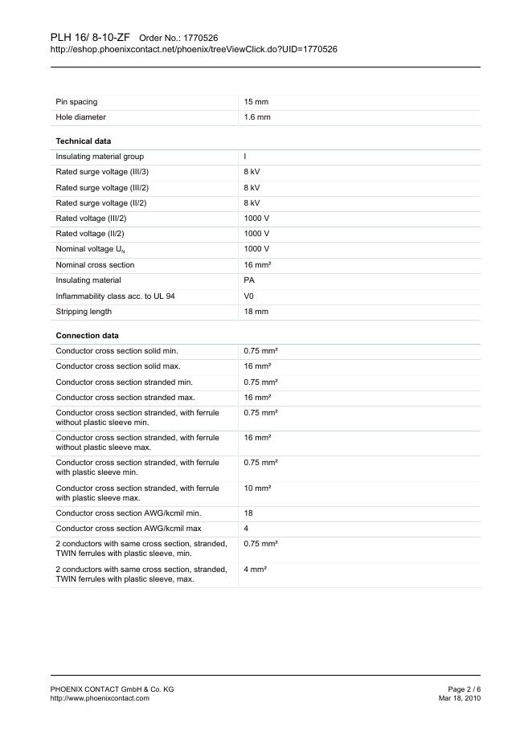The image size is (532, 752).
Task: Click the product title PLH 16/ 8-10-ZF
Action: pyautogui.click(x=89, y=37)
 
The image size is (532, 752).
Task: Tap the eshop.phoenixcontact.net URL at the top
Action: pyautogui.click(x=193, y=50)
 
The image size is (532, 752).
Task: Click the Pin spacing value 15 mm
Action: pyautogui.click(x=256, y=102)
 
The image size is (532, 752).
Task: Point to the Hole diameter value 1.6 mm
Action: pyautogui.click(x=257, y=117)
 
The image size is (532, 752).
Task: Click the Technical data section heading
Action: pyautogui.click(x=83, y=141)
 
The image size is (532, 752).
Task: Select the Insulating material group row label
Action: pyautogui.click(x=100, y=157)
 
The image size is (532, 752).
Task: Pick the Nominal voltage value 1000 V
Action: pyautogui.click(x=256, y=249)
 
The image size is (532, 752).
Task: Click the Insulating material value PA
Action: pyautogui.click(x=249, y=280)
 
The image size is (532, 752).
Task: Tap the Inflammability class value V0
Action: pyautogui.click(x=249, y=296)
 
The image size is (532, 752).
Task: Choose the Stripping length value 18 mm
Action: pyautogui.click(x=256, y=312)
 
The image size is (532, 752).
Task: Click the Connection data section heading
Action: pyautogui.click(x=87, y=335)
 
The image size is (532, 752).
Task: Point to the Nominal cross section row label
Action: pyautogui.click(x=95, y=265)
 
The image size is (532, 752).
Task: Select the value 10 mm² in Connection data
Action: pyautogui.click(x=257, y=488)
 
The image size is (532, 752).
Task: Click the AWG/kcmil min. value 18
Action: pyautogui.click(x=248, y=513)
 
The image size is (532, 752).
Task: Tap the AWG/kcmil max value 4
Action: pyautogui.click(x=246, y=529)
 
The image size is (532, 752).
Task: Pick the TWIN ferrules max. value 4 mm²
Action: pyautogui.click(x=255, y=569)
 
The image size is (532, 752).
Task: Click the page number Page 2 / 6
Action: pyautogui.click(x=464, y=689)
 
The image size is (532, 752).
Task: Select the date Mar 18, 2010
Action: pyautogui.click(x=460, y=699)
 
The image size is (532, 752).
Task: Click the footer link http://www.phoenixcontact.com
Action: pyautogui.click(x=100, y=699)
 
